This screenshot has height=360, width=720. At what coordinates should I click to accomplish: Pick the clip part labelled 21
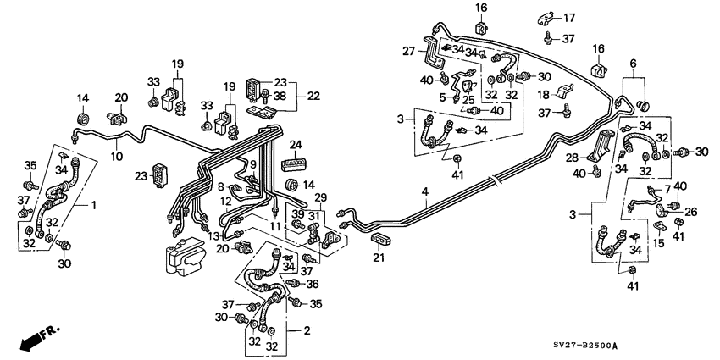(x=379, y=239)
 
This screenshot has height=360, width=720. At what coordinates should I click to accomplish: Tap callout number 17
(x=568, y=17)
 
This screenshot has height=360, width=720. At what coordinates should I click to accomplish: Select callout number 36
(x=313, y=284)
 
